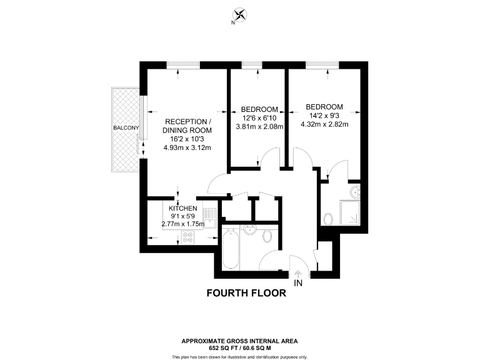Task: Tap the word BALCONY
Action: (126, 128)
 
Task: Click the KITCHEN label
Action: (183, 208)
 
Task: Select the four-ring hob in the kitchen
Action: (188, 237)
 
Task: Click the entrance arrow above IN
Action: (297, 273)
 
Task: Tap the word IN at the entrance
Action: (298, 283)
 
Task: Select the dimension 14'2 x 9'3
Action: (324, 115)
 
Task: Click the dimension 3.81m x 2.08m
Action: (259, 126)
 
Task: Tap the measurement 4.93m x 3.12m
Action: (187, 148)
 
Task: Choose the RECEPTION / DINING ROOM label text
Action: (187, 126)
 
